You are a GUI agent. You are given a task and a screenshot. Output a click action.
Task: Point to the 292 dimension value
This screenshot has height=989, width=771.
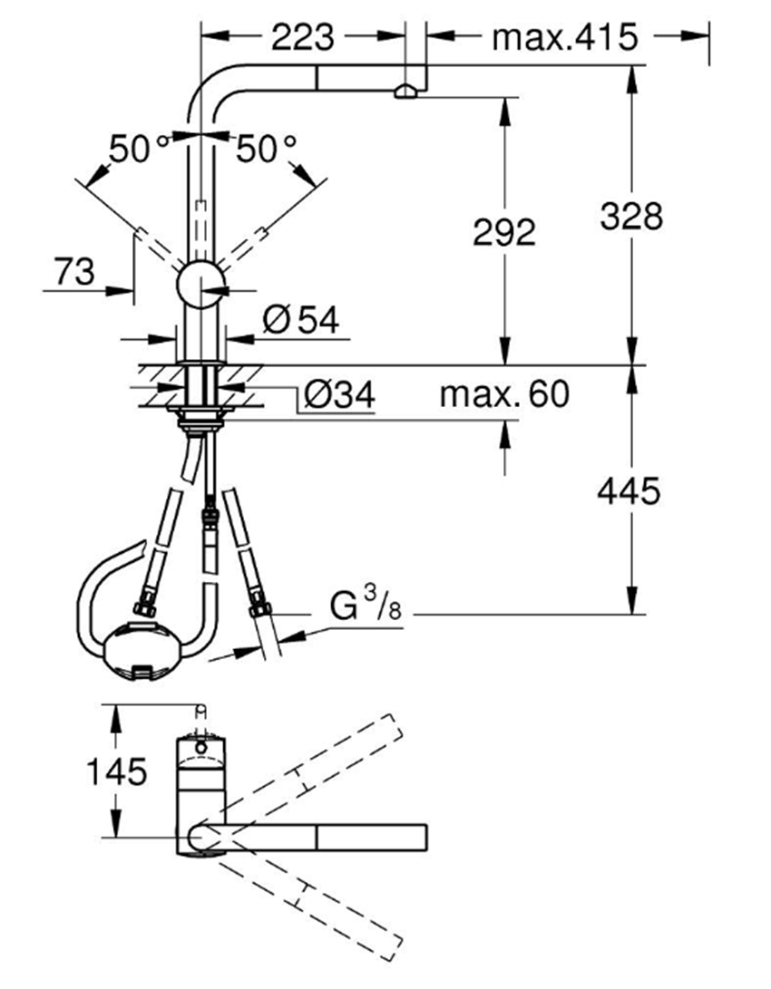click(x=504, y=233)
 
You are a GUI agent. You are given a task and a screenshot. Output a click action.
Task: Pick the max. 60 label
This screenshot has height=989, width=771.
click(x=503, y=394)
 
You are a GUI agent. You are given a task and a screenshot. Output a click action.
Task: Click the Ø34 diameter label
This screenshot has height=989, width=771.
click(x=339, y=395)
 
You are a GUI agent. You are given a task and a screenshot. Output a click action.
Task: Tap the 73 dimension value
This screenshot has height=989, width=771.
click(x=74, y=271)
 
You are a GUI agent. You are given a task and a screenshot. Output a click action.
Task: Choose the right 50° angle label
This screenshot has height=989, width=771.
click(x=267, y=149)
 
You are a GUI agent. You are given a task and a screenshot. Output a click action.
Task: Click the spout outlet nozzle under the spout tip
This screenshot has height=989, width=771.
click(x=405, y=91)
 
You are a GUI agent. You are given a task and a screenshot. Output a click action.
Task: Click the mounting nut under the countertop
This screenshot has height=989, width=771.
click(x=201, y=416)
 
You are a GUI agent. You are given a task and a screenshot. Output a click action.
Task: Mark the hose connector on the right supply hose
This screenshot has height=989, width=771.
click(x=259, y=603)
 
